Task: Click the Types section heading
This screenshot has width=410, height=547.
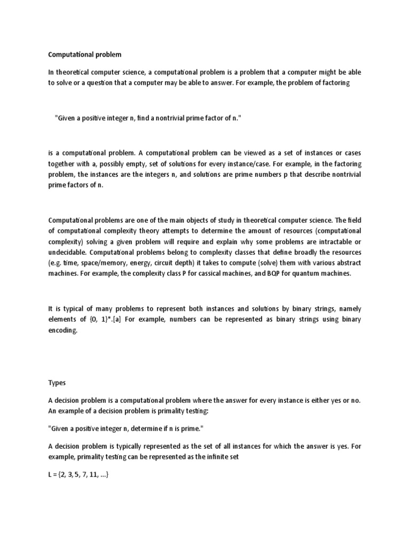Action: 57,382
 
